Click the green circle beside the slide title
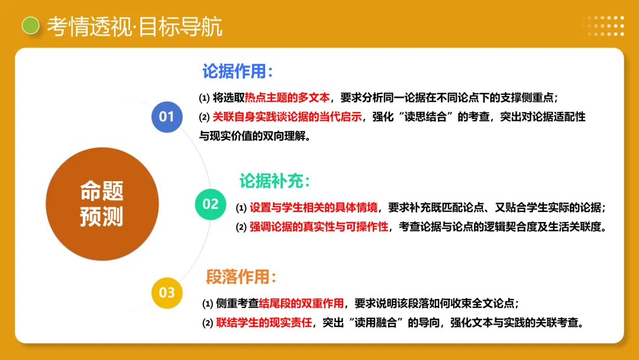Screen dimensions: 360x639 [30, 25]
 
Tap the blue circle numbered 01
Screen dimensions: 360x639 [167, 116]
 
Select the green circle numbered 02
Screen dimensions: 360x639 [211, 204]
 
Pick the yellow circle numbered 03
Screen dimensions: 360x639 [167, 292]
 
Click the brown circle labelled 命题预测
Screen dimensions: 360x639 [102, 204]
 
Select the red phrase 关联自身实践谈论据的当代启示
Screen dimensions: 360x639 [287, 117]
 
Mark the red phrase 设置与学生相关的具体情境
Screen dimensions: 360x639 [313, 208]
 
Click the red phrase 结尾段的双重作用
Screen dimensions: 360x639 [302, 304]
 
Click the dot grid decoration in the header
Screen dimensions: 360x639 [603, 25]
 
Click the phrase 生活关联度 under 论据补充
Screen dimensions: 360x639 [571, 227]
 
